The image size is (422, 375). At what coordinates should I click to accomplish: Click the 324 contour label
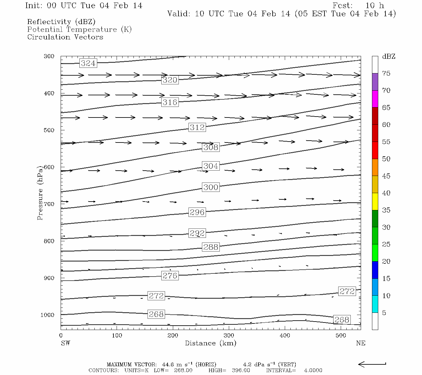[x=88, y=63]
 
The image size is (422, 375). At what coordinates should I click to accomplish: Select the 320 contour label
[x=170, y=80]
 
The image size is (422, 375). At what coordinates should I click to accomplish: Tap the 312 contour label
[x=197, y=127]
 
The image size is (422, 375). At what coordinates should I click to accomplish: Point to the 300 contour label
[x=211, y=187]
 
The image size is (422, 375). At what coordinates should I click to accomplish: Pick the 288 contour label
[x=211, y=247]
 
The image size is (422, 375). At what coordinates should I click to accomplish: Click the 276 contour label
[x=170, y=276]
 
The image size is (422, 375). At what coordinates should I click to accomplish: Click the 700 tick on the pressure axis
[x=49, y=204]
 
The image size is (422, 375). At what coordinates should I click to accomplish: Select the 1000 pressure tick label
[x=47, y=315]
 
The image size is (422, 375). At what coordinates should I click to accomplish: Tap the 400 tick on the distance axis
[x=285, y=336]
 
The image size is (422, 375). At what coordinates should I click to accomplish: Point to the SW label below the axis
[x=65, y=343]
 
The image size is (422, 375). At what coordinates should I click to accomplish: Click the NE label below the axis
[x=360, y=343]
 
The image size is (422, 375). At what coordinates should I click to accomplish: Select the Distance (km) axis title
[x=210, y=343]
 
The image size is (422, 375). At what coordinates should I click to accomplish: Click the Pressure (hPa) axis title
[x=40, y=196]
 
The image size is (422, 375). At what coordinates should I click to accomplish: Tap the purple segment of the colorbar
[x=375, y=82]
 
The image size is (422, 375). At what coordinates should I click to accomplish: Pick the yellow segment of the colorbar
[x=375, y=202]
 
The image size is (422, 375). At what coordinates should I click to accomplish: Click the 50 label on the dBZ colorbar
[x=386, y=159]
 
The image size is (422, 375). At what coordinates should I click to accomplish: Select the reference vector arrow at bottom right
[x=372, y=364]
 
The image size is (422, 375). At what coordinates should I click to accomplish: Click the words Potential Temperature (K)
[x=79, y=29]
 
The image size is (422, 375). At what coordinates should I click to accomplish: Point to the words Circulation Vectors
[x=65, y=37]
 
